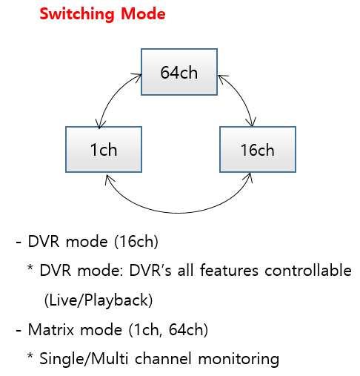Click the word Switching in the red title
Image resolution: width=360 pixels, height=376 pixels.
coord(77,14)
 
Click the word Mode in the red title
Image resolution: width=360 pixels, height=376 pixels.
coord(143,14)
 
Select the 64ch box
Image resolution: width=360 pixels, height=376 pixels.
coord(179,72)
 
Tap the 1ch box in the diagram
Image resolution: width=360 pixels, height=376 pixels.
coord(104,150)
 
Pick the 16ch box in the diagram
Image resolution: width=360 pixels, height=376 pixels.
coord(258,150)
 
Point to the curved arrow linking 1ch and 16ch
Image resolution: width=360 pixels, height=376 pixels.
coord(179,212)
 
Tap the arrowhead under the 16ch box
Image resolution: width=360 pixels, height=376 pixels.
coord(249,177)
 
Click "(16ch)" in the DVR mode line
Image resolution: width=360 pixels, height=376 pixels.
coord(136,241)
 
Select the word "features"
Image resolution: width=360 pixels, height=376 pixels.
coord(229,270)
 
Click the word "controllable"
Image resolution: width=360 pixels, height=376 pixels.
coord(308,270)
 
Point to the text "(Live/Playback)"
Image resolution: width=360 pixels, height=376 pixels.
coord(99,300)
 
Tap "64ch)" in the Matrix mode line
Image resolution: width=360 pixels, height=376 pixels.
coord(188,329)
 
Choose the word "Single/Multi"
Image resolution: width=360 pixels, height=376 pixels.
coord(84,358)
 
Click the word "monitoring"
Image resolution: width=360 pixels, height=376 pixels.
coord(239,360)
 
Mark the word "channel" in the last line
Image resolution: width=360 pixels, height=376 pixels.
coord(163,358)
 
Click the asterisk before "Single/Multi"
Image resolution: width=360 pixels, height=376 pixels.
coord(30,356)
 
